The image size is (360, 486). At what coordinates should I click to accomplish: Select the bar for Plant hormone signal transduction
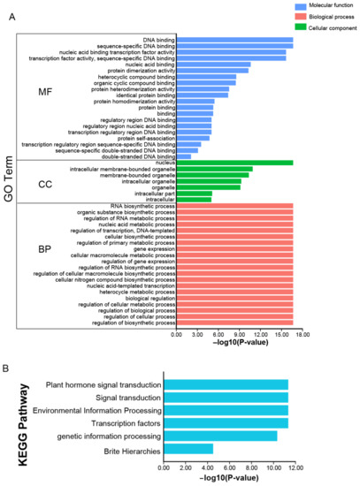225,384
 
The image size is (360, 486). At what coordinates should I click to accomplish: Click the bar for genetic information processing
219,436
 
